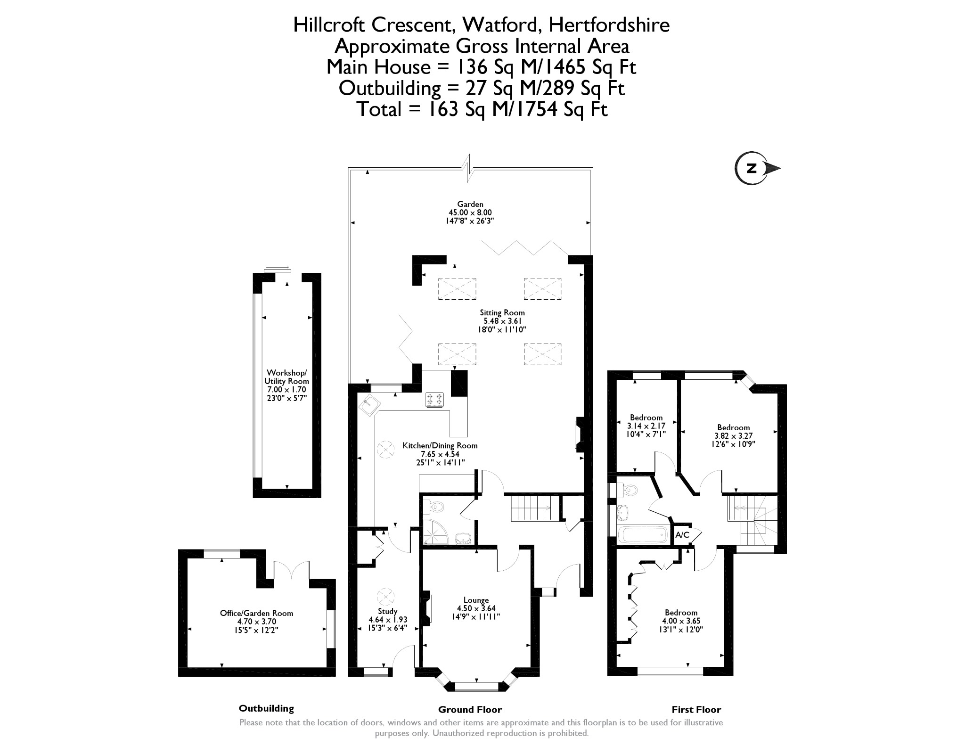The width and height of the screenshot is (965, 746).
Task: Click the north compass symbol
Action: tap(752, 168)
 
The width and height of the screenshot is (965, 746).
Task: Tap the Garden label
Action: tap(470, 204)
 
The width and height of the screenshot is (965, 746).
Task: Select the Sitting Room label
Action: tap(502, 312)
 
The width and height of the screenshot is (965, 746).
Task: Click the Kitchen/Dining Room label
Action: tap(440, 445)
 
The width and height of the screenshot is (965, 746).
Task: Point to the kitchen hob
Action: tap(434, 400)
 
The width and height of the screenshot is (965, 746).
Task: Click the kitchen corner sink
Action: tap(370, 405)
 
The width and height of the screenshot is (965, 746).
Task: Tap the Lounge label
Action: tap(476, 600)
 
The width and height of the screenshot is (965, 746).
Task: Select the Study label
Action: tap(388, 611)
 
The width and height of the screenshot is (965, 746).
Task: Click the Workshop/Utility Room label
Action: tap(286, 377)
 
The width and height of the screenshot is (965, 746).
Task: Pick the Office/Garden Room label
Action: tap(256, 613)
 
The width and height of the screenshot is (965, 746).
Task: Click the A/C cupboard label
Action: tap(682, 535)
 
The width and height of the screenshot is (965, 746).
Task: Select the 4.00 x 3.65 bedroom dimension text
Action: tap(681, 621)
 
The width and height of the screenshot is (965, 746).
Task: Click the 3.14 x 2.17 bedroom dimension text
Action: tap(646, 426)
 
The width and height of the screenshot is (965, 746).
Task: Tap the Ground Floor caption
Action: tap(470, 710)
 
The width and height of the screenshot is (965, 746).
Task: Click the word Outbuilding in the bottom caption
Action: tap(266, 708)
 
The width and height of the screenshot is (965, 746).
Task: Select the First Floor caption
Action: tap(696, 710)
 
